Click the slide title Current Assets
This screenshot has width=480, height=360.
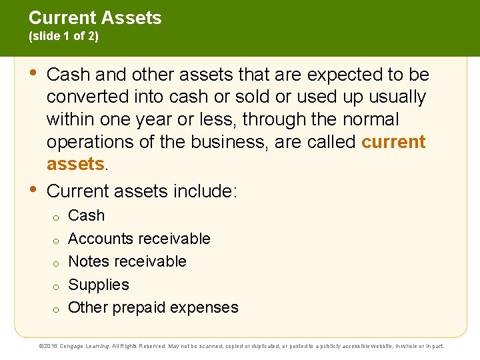[95, 18]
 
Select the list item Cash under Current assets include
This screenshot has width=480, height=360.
[87, 216]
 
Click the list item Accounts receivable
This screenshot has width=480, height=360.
[139, 239]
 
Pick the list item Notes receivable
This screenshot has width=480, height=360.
[127, 261]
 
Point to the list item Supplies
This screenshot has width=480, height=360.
[99, 285]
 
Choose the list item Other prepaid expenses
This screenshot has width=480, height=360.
[153, 307]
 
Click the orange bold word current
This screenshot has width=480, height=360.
[393, 143]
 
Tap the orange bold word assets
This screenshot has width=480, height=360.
[75, 165]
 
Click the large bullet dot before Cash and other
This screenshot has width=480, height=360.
[33, 72]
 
